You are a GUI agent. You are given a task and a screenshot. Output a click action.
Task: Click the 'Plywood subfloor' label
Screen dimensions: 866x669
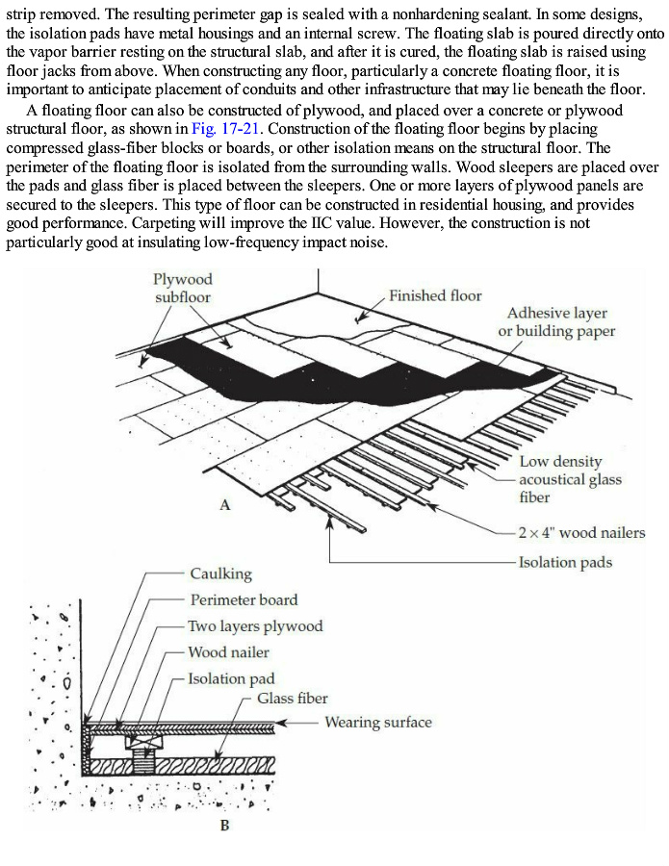click(x=182, y=288)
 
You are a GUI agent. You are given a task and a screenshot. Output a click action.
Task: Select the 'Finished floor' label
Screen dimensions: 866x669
click(x=435, y=295)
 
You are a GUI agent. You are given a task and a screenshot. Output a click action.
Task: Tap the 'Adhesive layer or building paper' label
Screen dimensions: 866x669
click(x=556, y=322)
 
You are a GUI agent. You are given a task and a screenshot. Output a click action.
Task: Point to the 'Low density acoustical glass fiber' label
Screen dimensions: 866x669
click(x=570, y=479)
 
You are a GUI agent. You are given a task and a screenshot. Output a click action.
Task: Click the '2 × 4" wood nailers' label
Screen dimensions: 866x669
click(x=581, y=532)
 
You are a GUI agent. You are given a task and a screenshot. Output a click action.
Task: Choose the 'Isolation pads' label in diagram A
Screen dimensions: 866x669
click(x=565, y=562)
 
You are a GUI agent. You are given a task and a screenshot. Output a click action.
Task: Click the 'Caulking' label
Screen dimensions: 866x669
click(x=220, y=574)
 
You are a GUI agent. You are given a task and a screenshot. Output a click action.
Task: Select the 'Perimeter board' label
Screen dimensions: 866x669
click(x=244, y=599)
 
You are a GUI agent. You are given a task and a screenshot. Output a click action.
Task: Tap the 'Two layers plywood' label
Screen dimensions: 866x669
click(x=255, y=626)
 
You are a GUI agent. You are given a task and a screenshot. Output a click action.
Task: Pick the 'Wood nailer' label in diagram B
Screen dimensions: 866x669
click(x=228, y=652)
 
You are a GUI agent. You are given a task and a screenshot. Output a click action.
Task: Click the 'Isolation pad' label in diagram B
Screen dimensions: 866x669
click(x=231, y=678)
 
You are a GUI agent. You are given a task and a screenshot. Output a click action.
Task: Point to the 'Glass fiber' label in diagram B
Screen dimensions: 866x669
click(x=292, y=699)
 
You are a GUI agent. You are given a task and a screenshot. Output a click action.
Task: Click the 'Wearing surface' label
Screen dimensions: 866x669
click(x=378, y=723)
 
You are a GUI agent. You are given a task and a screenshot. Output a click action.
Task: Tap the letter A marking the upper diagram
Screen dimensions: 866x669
click(x=224, y=504)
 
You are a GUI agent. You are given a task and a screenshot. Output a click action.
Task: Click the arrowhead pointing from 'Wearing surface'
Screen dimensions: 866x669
click(x=282, y=723)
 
